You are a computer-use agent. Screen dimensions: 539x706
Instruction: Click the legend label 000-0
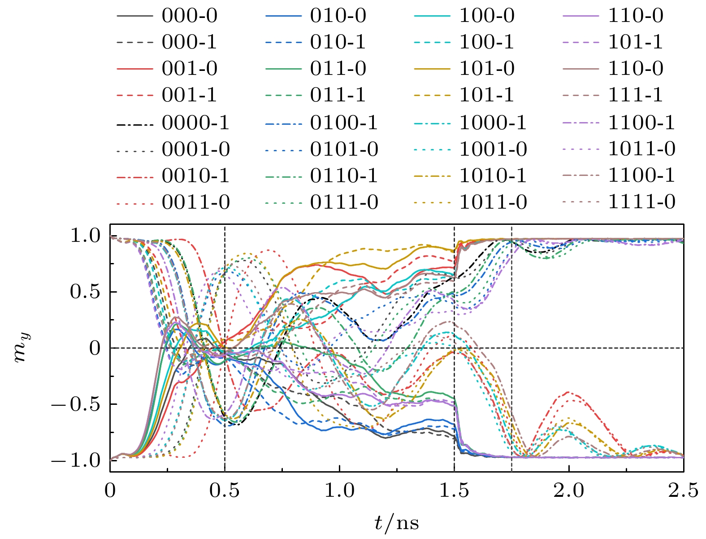(189, 16)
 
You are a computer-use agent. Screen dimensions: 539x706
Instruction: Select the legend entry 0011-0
(195, 202)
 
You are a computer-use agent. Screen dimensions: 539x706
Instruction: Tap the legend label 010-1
(338, 42)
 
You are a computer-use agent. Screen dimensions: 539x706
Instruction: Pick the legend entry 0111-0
(344, 202)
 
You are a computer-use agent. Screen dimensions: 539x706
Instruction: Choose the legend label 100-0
(487, 16)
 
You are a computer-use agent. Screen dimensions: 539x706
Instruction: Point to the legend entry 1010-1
(493, 175)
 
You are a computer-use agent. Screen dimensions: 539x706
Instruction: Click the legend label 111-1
(636, 95)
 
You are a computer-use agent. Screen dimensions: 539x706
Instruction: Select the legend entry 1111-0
(641, 202)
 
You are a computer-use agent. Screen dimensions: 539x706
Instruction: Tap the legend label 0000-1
(195, 123)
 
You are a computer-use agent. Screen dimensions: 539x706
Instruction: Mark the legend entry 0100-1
(344, 123)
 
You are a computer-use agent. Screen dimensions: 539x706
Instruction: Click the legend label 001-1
(189, 95)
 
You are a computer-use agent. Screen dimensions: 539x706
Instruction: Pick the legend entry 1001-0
(493, 149)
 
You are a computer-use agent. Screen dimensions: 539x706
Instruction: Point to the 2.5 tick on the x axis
(683, 490)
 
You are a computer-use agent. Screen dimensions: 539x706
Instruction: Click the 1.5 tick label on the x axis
(454, 490)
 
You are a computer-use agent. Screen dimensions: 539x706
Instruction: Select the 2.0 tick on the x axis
(569, 490)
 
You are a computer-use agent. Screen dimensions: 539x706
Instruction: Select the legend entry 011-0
(338, 69)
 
